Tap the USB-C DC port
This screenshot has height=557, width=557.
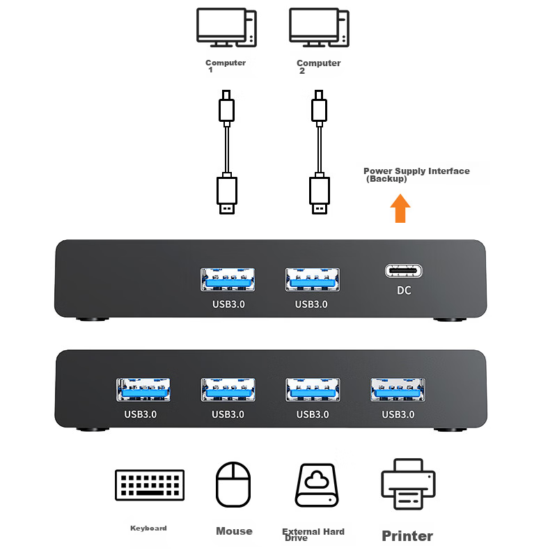[x=405, y=272]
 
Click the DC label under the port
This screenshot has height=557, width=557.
[x=404, y=290]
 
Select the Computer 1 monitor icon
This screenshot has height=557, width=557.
[x=225, y=28]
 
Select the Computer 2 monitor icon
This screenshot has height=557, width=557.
[x=317, y=28]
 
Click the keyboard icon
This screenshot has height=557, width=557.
[x=150, y=486]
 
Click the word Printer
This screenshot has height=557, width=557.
[x=407, y=536]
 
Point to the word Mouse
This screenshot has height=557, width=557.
[x=234, y=531]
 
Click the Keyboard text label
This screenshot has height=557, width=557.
[x=149, y=528]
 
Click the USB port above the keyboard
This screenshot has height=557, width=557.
[x=144, y=390]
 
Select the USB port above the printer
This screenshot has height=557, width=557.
[x=398, y=390]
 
